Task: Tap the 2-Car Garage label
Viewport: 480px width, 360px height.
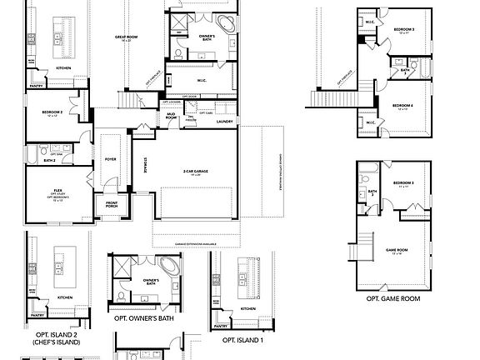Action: click(x=195, y=172)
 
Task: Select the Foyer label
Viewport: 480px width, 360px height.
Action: click(x=110, y=158)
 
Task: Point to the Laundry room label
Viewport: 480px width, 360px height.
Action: click(x=223, y=122)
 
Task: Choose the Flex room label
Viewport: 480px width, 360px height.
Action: click(x=57, y=192)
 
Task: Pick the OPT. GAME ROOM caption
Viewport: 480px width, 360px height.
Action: click(x=392, y=298)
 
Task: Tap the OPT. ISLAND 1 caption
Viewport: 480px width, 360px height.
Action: click(x=242, y=340)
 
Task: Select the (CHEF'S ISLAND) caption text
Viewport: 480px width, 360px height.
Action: click(x=52, y=342)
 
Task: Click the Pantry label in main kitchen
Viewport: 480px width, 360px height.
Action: click(x=36, y=85)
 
